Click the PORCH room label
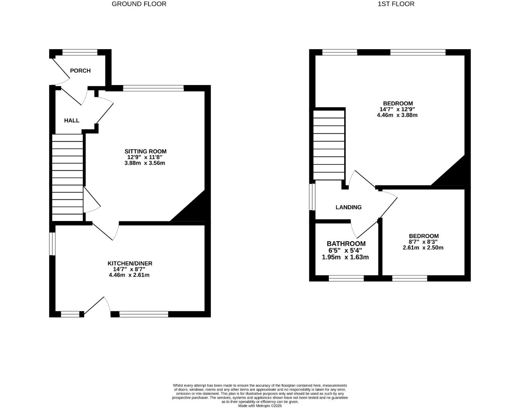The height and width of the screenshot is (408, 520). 80,71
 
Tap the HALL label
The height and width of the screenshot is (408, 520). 71,121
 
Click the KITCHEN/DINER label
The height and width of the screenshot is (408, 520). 130,263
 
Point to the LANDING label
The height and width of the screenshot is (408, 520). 348,207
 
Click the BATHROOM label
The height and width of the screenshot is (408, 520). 346,244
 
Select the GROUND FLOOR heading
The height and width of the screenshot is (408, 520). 139,4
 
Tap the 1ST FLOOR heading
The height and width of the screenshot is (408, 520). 396,4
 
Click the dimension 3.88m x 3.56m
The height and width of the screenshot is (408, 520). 145,163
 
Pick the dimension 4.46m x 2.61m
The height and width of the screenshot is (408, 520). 129,275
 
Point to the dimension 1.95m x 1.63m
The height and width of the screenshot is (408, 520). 345,257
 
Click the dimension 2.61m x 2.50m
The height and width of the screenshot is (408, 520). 423,248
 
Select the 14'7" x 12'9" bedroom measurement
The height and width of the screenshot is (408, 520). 397,109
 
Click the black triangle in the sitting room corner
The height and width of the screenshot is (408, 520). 195,212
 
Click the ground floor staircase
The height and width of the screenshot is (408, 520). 67,178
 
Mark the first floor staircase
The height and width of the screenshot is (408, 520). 329,145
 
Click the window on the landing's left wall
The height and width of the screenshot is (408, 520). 312,197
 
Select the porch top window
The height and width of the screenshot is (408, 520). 80,53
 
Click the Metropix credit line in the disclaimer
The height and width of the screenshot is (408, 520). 260,406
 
